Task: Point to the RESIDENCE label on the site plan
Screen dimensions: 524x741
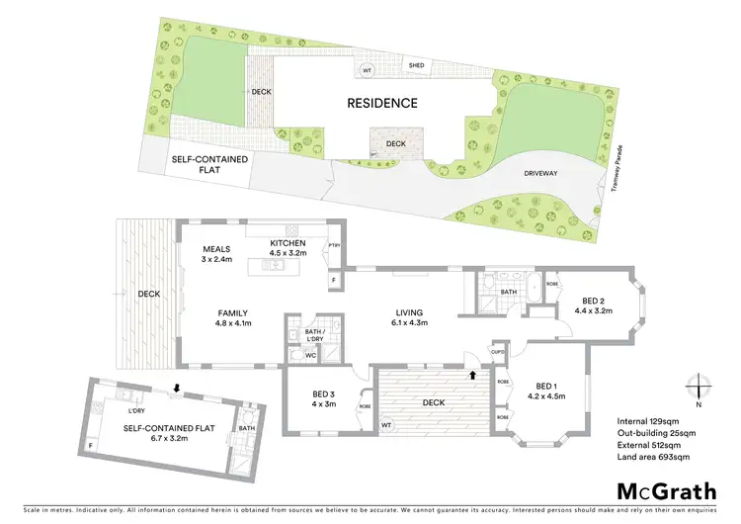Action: (382, 103)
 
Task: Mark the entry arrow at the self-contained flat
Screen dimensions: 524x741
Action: (177, 388)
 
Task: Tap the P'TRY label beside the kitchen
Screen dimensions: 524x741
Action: (335, 246)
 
